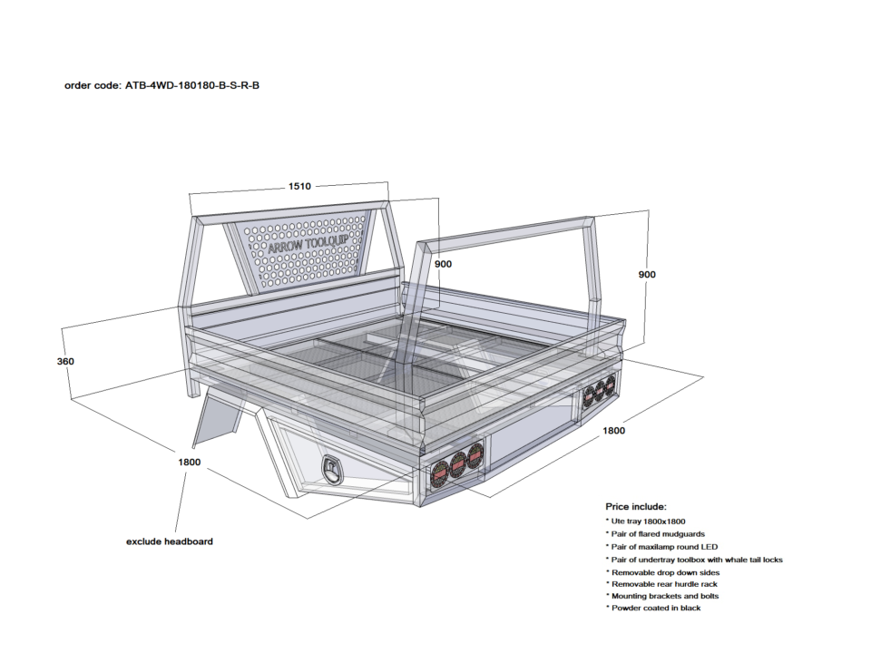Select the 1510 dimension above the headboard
299,186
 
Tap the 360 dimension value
64,361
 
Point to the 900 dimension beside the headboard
443,264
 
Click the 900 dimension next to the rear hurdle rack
646,274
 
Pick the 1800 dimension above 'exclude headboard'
189,462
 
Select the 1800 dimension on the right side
613,431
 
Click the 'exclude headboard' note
169,541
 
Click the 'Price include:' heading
636,506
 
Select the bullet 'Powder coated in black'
656,608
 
